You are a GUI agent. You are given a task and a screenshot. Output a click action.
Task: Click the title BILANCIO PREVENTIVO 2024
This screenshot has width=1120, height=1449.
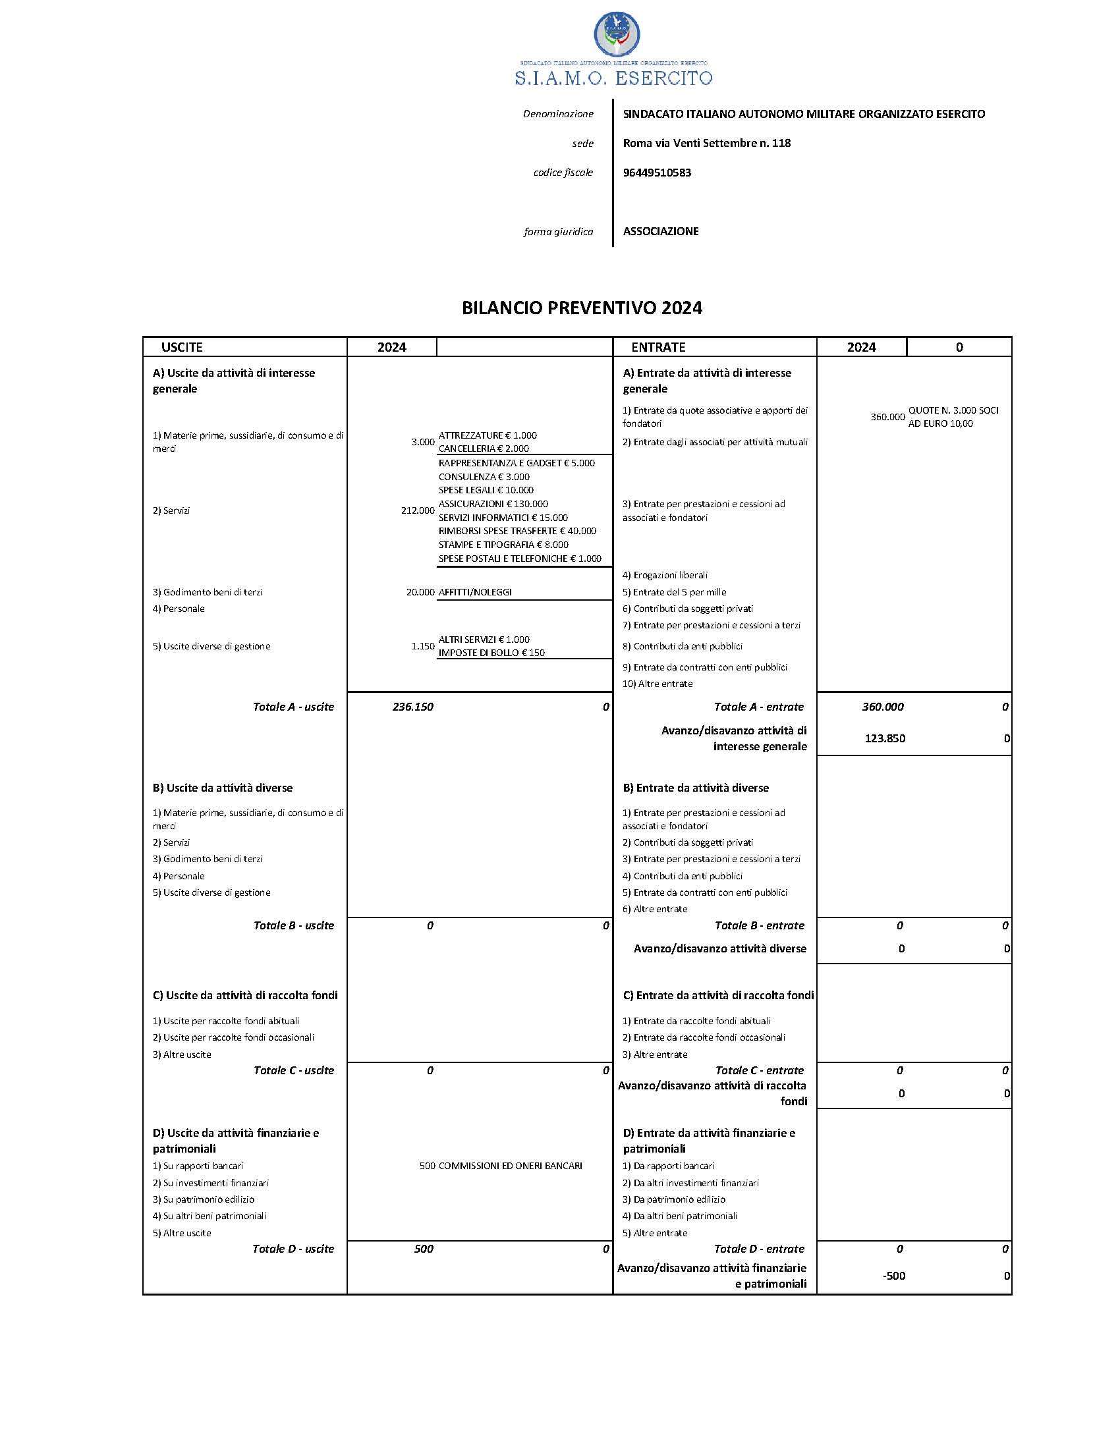click(x=582, y=308)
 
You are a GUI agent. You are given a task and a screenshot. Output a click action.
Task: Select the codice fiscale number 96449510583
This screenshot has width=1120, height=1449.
click(x=657, y=173)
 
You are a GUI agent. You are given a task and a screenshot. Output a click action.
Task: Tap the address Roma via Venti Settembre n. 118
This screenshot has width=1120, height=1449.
click(x=707, y=143)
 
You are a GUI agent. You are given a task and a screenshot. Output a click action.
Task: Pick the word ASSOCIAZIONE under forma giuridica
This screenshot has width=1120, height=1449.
click(x=661, y=232)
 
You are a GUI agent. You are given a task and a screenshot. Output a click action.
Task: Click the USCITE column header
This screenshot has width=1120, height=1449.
click(x=182, y=347)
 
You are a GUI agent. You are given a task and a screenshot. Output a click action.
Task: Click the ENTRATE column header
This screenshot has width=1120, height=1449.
click(x=658, y=347)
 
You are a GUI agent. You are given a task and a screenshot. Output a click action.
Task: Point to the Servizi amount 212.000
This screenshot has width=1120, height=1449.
click(x=417, y=511)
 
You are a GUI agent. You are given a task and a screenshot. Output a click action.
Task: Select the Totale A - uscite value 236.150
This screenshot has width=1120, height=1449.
click(x=412, y=707)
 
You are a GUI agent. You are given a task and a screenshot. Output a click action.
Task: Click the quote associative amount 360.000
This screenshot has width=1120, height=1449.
click(x=887, y=418)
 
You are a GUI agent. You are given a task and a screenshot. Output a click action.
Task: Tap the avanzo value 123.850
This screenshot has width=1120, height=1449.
click(x=884, y=738)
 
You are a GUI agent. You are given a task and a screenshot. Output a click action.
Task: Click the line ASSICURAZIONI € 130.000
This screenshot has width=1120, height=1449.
click(x=493, y=505)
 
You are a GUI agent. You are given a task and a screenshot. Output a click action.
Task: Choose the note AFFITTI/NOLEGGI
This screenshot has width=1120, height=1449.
click(x=475, y=593)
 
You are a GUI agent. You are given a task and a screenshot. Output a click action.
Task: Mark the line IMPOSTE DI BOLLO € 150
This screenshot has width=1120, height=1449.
click(x=491, y=653)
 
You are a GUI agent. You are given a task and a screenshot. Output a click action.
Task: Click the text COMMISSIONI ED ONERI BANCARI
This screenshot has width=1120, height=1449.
click(x=510, y=1166)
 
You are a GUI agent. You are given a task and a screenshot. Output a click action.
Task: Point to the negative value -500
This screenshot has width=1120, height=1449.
click(x=894, y=1276)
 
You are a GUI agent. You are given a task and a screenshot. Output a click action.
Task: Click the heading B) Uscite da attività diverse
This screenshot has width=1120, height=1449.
click(x=222, y=788)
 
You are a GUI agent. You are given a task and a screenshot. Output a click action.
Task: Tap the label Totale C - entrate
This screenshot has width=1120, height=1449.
click(x=759, y=1070)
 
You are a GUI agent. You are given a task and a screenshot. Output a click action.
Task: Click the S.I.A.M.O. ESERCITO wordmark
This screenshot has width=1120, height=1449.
click(x=613, y=78)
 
